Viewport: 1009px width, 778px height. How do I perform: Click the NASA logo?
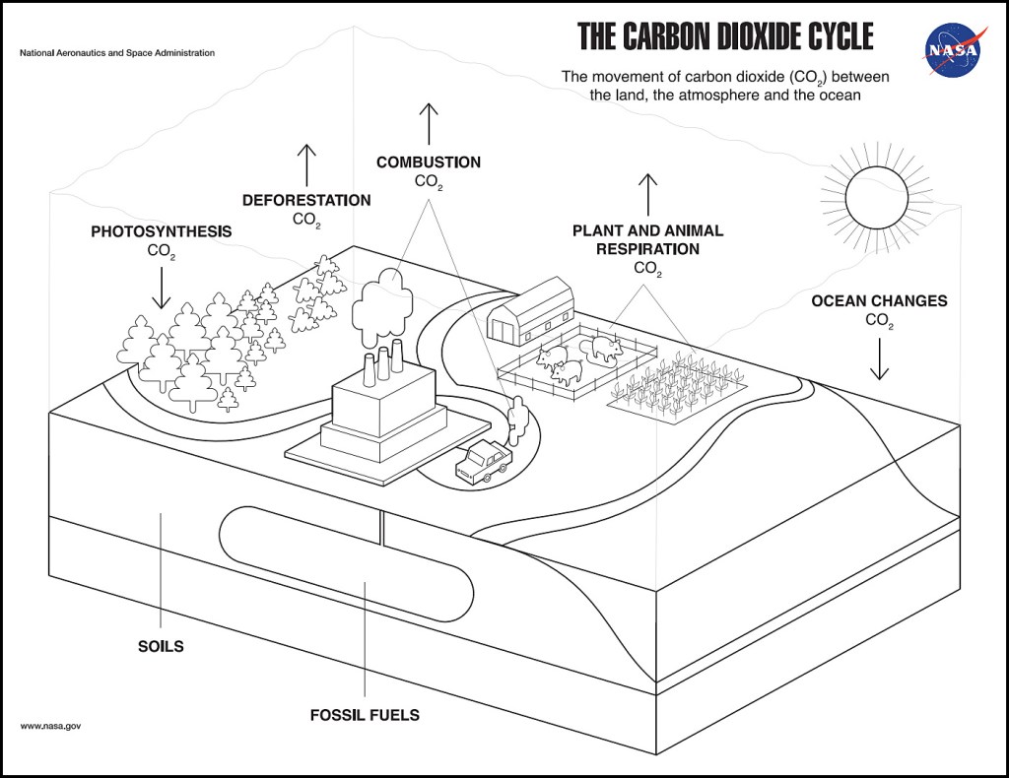pos(953,49)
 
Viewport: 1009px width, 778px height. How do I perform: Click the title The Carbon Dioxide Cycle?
pos(725,36)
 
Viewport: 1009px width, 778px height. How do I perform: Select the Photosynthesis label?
pos(162,232)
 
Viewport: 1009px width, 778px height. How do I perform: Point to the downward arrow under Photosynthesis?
pos(162,288)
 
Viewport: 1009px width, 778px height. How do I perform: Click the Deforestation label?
pos(306,201)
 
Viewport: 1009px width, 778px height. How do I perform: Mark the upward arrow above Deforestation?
pos(306,164)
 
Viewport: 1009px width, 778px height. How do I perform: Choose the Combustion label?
pos(428,162)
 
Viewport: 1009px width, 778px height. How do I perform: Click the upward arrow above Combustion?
pos(428,123)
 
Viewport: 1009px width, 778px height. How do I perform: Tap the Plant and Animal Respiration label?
pos(647,239)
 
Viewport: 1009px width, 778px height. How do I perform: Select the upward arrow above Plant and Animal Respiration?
pos(647,194)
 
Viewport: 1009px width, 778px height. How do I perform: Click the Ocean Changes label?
pos(879,300)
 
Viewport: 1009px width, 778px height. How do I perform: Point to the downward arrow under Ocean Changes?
pos(879,358)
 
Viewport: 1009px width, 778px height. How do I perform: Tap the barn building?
pos(531,311)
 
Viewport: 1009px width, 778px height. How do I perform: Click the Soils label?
pos(161,647)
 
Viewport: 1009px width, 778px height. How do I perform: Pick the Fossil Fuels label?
pos(366,715)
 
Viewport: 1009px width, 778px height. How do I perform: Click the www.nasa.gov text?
pos(50,726)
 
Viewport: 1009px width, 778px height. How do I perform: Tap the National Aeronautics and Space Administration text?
pos(117,52)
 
